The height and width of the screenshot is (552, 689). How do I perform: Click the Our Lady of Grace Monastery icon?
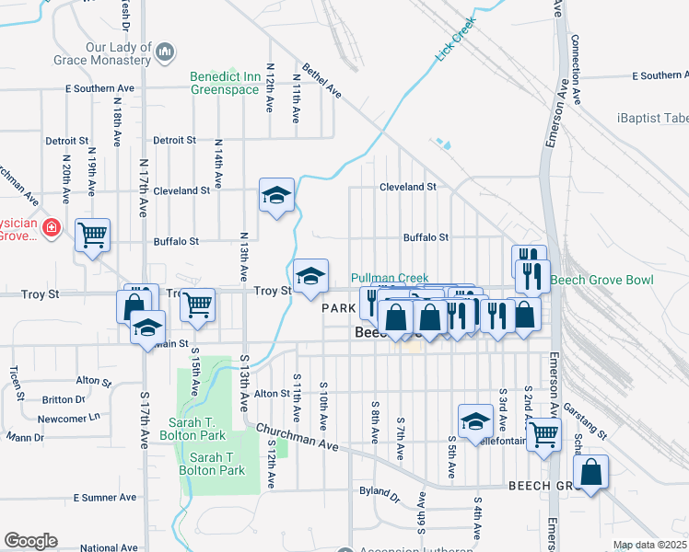click(x=165, y=52)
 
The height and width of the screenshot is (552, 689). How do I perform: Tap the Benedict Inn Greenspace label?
click(x=225, y=83)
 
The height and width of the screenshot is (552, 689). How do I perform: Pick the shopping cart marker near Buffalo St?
click(x=92, y=236)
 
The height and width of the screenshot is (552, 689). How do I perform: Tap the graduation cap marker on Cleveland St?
click(x=276, y=195)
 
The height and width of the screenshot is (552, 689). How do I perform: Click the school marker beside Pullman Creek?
click(x=311, y=275)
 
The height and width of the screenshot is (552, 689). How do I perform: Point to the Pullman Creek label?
click(x=390, y=277)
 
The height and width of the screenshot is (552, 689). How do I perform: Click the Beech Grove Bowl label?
click(x=601, y=280)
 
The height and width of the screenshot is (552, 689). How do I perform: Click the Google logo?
click(x=30, y=541)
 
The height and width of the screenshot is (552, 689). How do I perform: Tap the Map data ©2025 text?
click(x=648, y=545)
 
